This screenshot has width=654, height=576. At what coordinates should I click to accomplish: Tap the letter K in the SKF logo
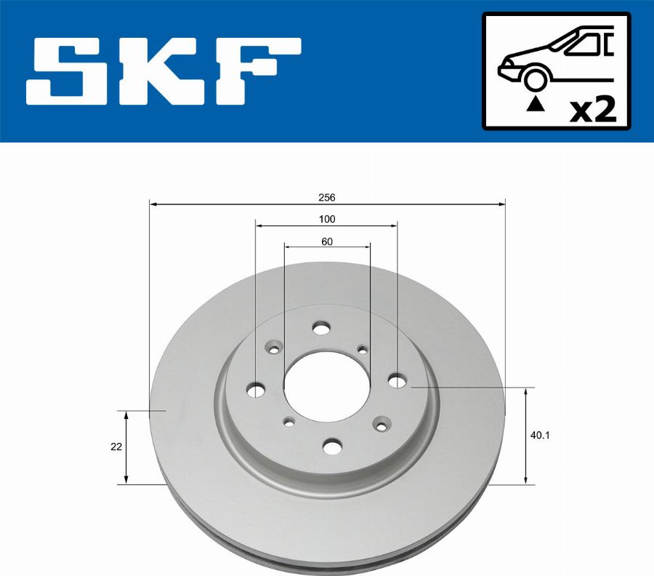click(x=164, y=71)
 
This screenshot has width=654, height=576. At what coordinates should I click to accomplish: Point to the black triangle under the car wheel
click(x=535, y=104)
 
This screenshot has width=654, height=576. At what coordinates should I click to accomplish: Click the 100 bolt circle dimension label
click(x=326, y=220)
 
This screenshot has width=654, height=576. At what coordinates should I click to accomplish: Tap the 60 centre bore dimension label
click(x=326, y=241)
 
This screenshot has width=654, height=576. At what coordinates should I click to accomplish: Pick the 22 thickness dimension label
click(x=116, y=447)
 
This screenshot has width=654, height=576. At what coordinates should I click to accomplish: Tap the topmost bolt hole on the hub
click(x=320, y=329)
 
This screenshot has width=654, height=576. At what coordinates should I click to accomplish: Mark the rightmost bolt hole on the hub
click(x=397, y=380)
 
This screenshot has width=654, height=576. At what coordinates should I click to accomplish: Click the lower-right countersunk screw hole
click(x=380, y=424)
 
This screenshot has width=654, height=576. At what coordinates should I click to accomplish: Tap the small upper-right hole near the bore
click(x=363, y=351)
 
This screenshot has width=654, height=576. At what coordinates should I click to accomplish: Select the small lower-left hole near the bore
click(x=289, y=422)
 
